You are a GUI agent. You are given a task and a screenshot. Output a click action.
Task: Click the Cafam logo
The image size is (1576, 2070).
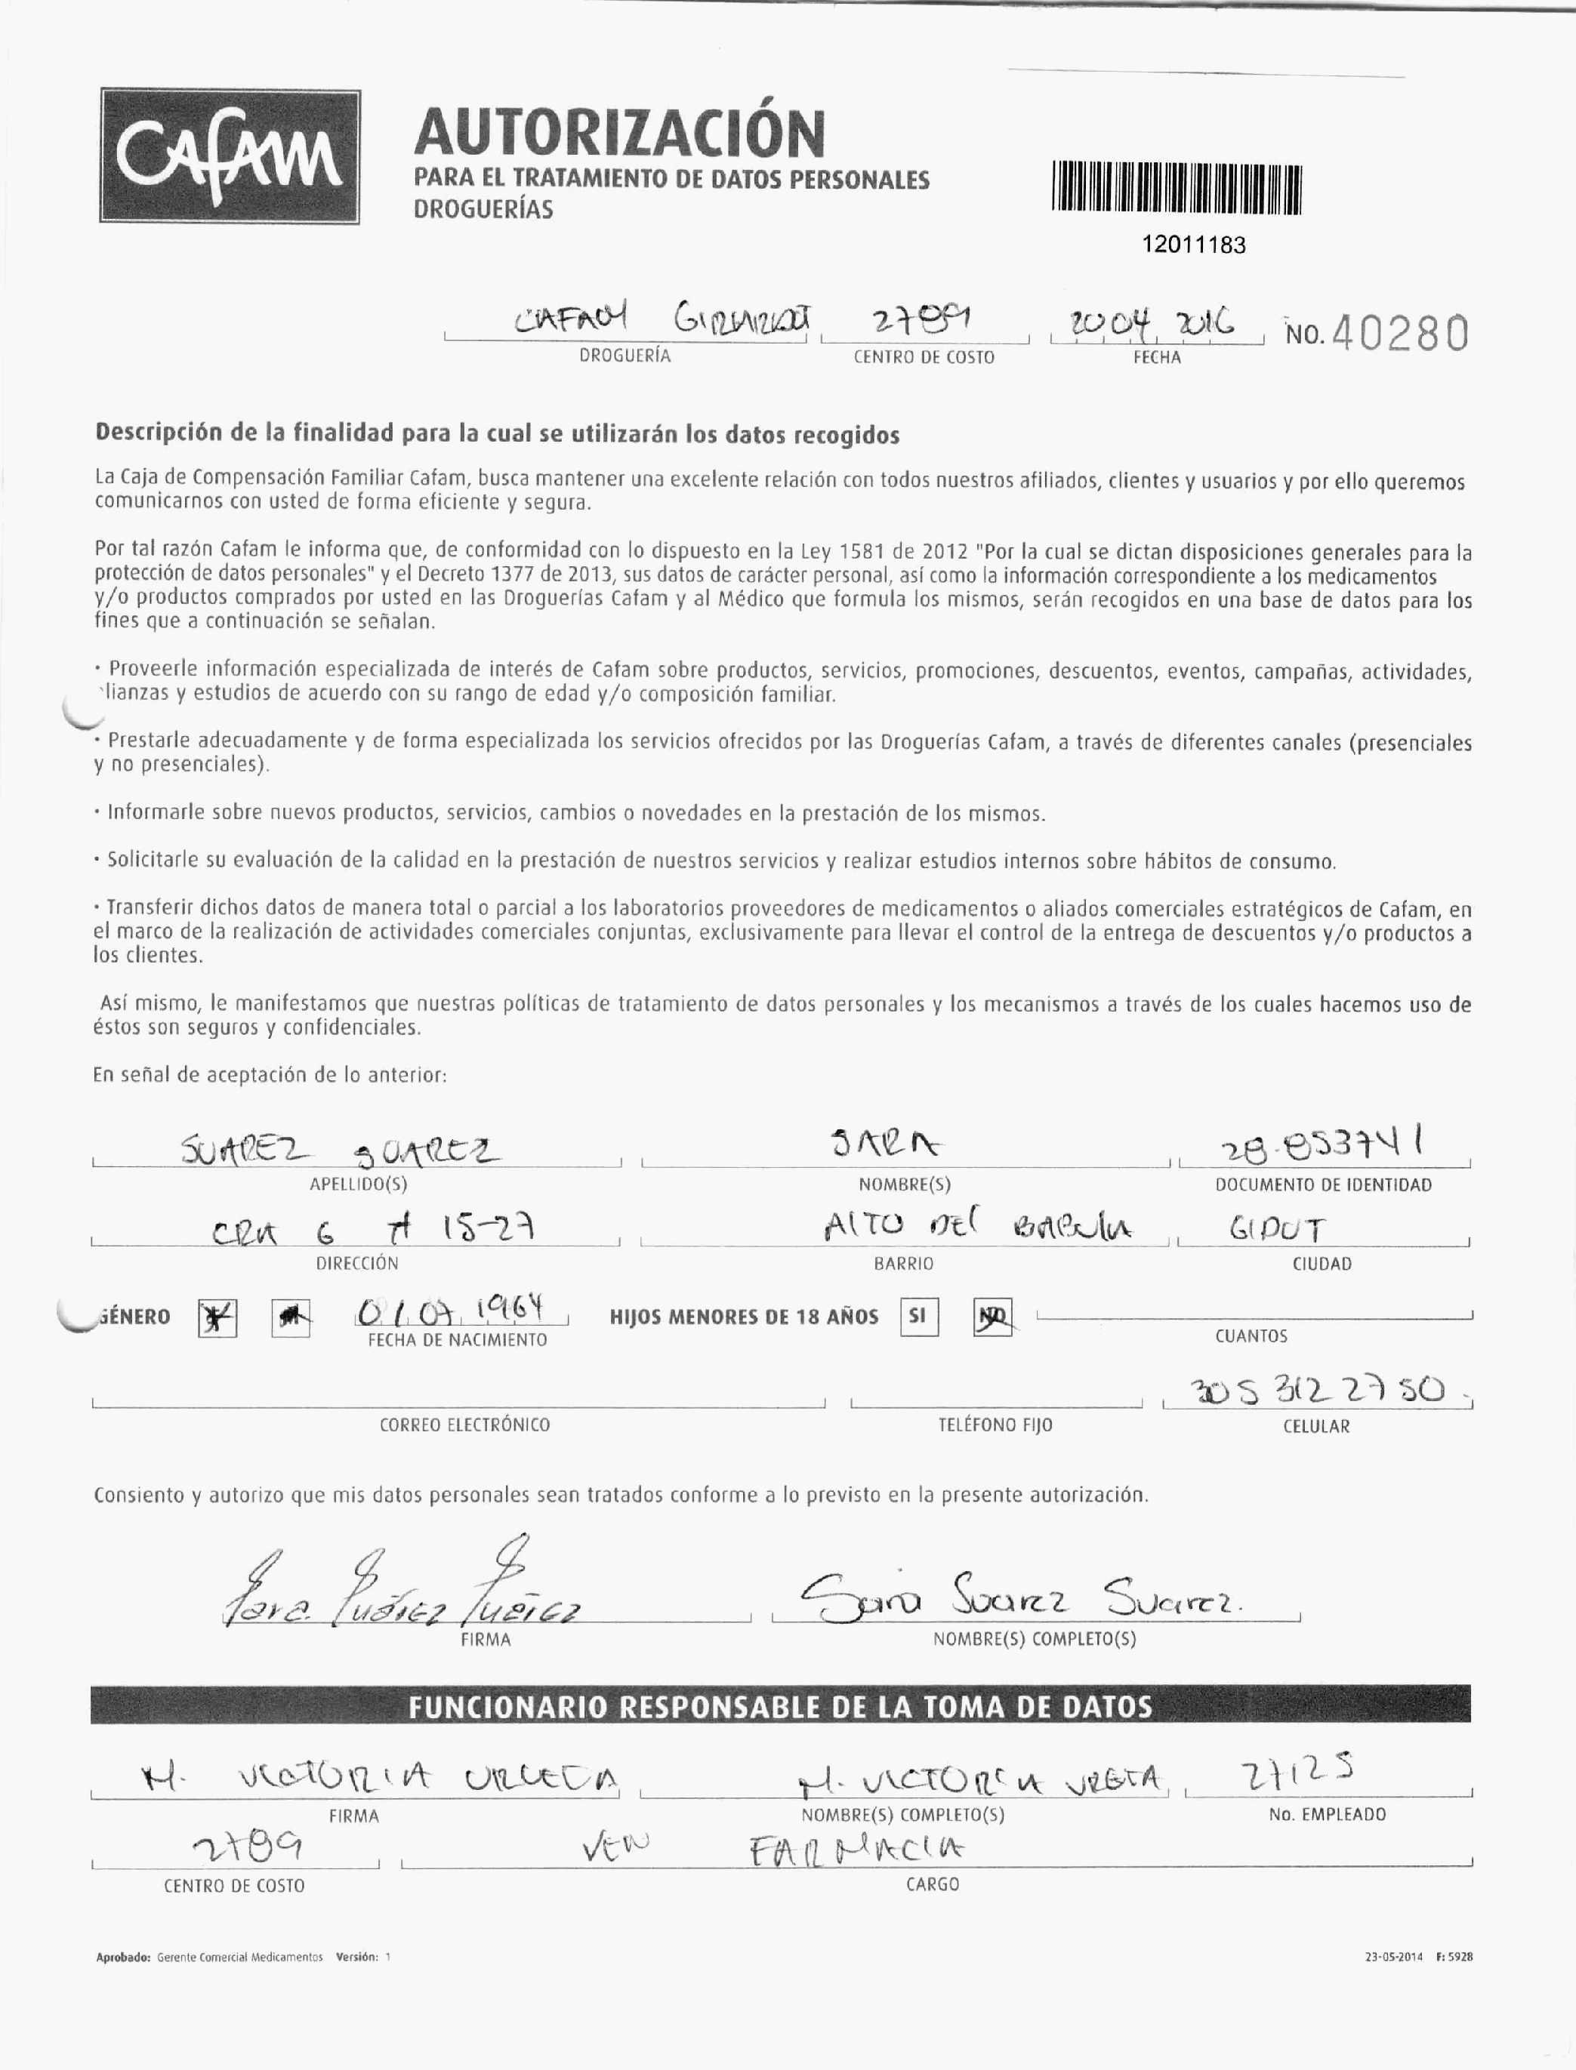tap(230, 156)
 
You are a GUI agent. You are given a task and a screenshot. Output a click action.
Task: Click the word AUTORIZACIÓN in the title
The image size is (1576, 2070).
tap(619, 132)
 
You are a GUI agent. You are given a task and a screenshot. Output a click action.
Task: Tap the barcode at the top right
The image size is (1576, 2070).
tap(1177, 189)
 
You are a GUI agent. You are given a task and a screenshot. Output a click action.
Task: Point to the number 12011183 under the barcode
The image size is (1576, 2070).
tap(1193, 245)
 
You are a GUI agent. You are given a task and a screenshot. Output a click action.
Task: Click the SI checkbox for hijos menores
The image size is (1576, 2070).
tap(918, 1316)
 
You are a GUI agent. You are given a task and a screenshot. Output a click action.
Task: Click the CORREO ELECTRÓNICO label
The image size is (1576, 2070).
tap(464, 1425)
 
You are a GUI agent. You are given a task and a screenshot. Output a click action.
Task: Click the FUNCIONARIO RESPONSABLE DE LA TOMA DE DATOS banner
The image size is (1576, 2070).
tap(779, 1705)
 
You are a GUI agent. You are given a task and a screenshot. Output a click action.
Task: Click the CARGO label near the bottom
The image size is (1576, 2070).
tap(933, 1884)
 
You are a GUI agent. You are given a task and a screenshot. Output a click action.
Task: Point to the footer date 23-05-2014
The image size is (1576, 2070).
tap(1394, 1957)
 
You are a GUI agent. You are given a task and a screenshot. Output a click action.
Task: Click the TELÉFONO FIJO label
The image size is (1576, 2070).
tap(995, 1425)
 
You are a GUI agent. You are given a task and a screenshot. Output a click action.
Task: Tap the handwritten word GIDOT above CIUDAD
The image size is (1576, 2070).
tap(1277, 1230)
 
